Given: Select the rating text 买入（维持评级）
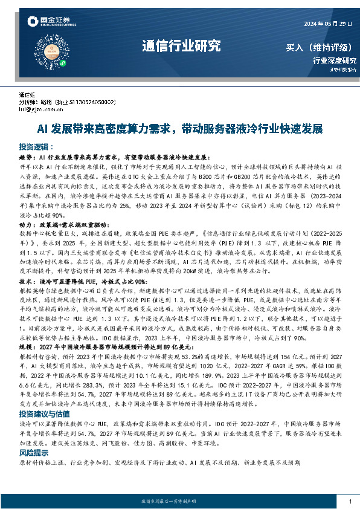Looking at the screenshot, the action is click(x=321, y=47).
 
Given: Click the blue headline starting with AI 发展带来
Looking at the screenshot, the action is click(x=180, y=129).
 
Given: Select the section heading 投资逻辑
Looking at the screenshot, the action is click(x=36, y=146).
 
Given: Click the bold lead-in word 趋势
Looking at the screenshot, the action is click(x=27, y=157).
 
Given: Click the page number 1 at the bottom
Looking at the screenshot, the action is click(x=350, y=501).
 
